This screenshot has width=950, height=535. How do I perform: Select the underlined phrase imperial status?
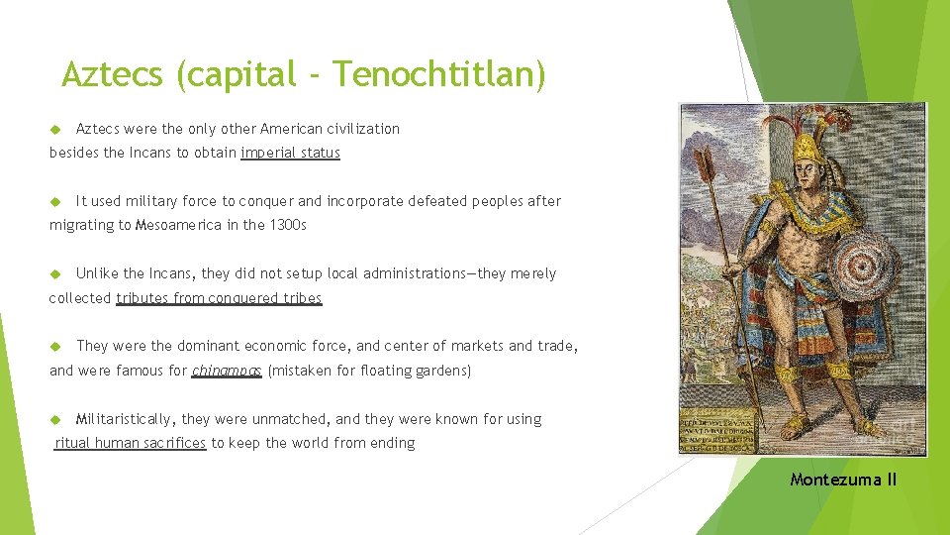pos(290,153)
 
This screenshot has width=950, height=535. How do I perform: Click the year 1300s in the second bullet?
pos(289,225)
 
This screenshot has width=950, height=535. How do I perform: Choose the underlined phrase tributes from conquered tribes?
pos(219,297)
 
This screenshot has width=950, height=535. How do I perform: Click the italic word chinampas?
pos(227,371)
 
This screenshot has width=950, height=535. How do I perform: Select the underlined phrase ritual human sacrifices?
pos(131,443)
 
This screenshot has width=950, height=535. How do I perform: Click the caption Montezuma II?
pos(843,480)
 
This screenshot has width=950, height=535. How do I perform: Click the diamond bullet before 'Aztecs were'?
pos(55,129)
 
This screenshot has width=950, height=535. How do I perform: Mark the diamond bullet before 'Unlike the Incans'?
pos(55,273)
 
